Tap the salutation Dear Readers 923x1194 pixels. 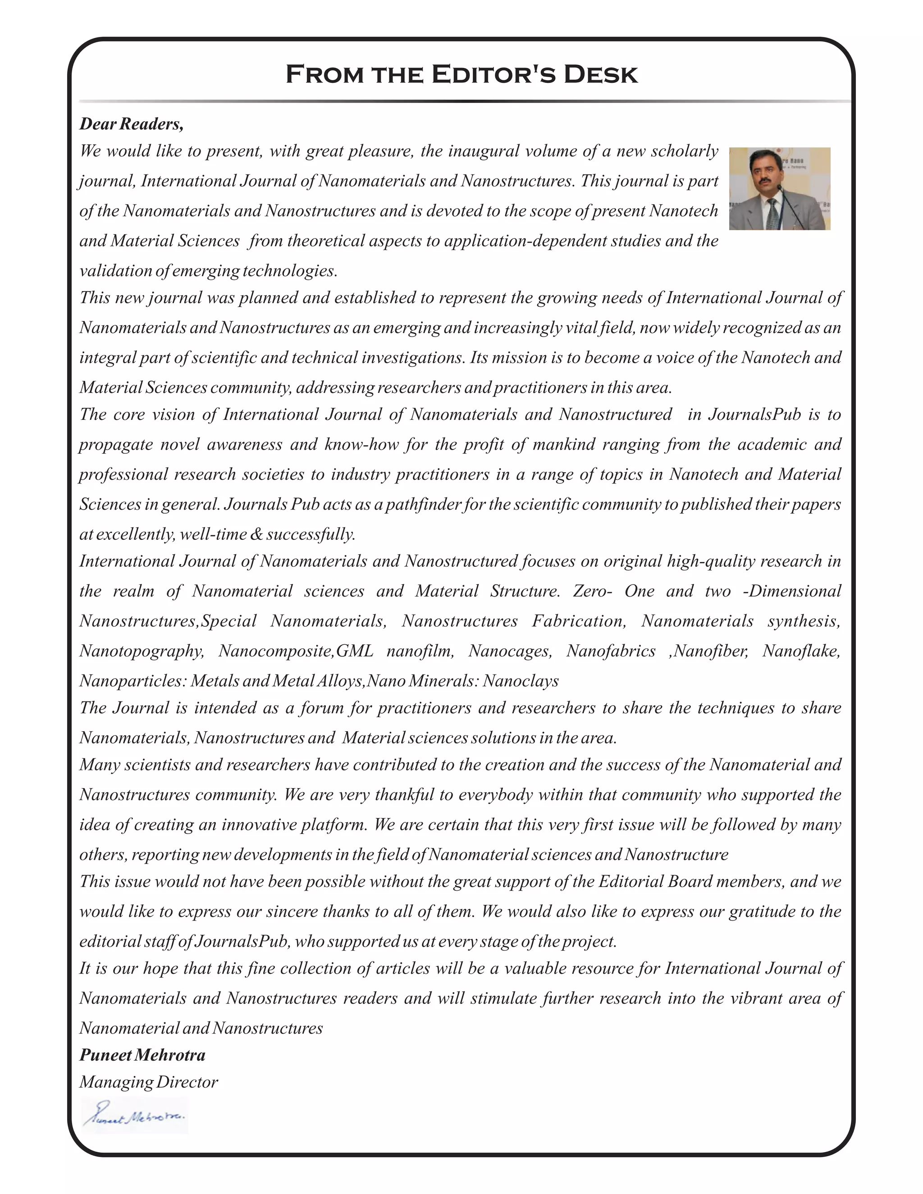[x=131, y=124]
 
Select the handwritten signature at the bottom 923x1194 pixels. [x=134, y=1115]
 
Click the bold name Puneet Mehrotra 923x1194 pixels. [x=142, y=1055]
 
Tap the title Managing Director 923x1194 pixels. [x=148, y=1081]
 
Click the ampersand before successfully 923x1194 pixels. [x=256, y=533]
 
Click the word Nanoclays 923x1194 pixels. [x=521, y=681]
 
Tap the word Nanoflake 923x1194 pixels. [x=801, y=651]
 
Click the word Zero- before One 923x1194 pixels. [x=592, y=591]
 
